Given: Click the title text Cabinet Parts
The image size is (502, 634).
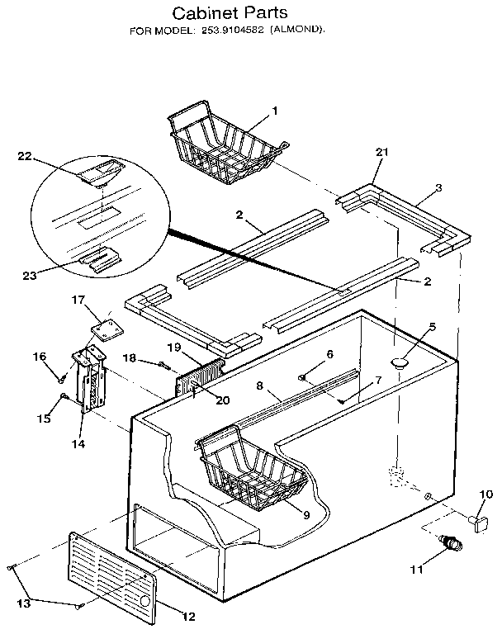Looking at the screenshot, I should (229, 13).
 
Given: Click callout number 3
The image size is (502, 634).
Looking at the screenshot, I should (438, 188).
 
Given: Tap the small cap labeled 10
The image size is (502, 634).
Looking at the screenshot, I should (478, 520).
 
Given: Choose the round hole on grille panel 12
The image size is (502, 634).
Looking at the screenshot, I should (145, 603).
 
